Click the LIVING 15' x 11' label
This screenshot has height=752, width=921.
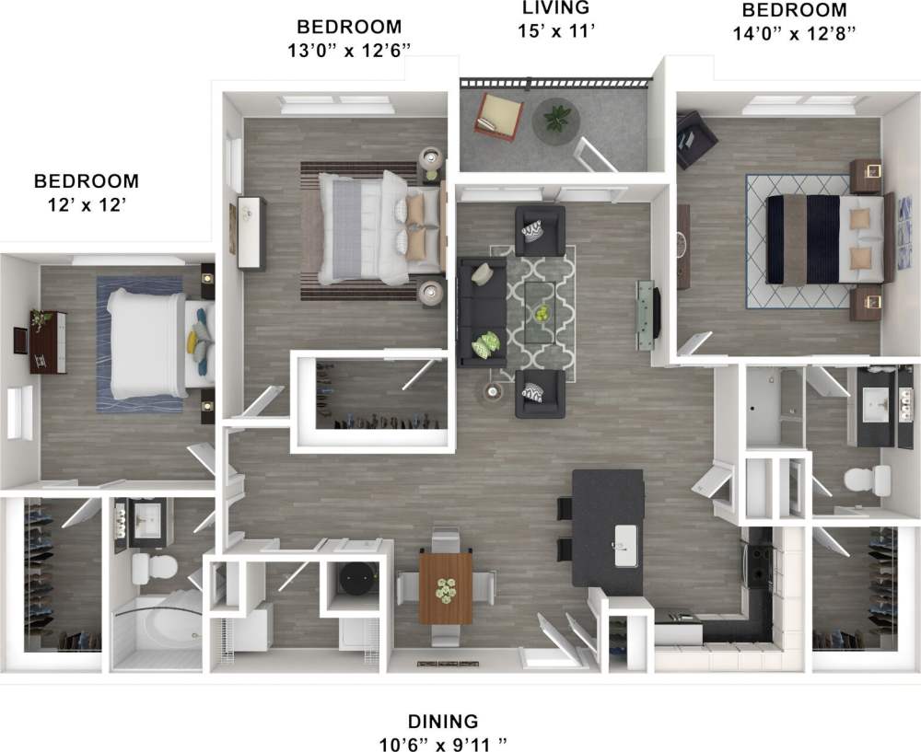[x=554, y=18]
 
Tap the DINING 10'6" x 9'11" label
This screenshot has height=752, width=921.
[x=443, y=731]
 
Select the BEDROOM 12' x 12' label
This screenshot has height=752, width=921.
[x=87, y=192]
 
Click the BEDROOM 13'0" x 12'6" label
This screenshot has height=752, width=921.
[x=348, y=39]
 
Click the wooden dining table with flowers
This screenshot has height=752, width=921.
[x=446, y=586]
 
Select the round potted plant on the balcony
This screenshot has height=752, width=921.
[x=557, y=120]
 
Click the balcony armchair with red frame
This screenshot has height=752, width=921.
[x=498, y=116]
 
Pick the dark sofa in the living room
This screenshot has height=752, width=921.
[x=482, y=310]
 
